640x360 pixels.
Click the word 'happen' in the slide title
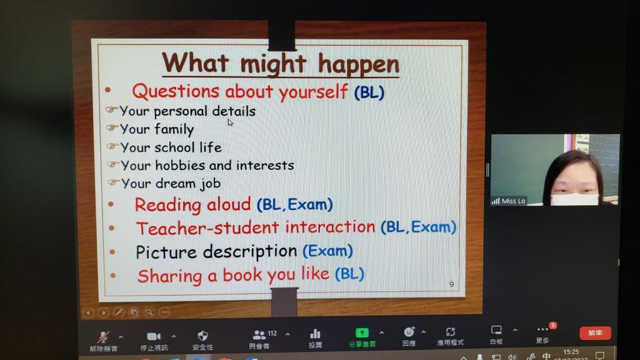tap(358, 64)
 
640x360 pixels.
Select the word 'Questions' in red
tap(176, 91)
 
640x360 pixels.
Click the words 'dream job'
tap(187, 184)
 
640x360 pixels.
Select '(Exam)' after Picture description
tap(327, 251)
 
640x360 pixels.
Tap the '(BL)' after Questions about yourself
tap(369, 92)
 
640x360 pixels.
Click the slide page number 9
tap(451, 284)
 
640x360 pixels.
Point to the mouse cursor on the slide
tap(230, 122)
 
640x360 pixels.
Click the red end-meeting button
tap(595, 333)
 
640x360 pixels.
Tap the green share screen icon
tap(362, 333)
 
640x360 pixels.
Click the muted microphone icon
tap(103, 337)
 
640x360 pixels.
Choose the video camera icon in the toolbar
tap(154, 336)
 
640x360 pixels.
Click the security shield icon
tap(202, 336)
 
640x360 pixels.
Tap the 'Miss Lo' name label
tap(513, 201)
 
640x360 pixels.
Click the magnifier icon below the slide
tap(149, 312)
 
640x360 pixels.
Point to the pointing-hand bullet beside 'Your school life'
tap(112, 146)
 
